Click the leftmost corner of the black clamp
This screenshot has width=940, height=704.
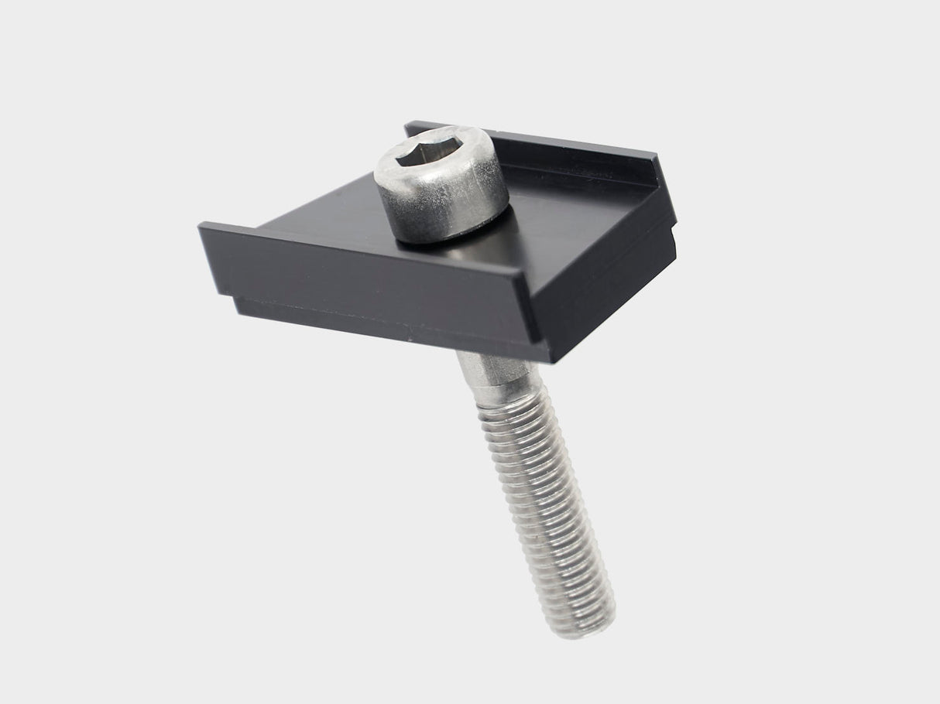click(x=201, y=227)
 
